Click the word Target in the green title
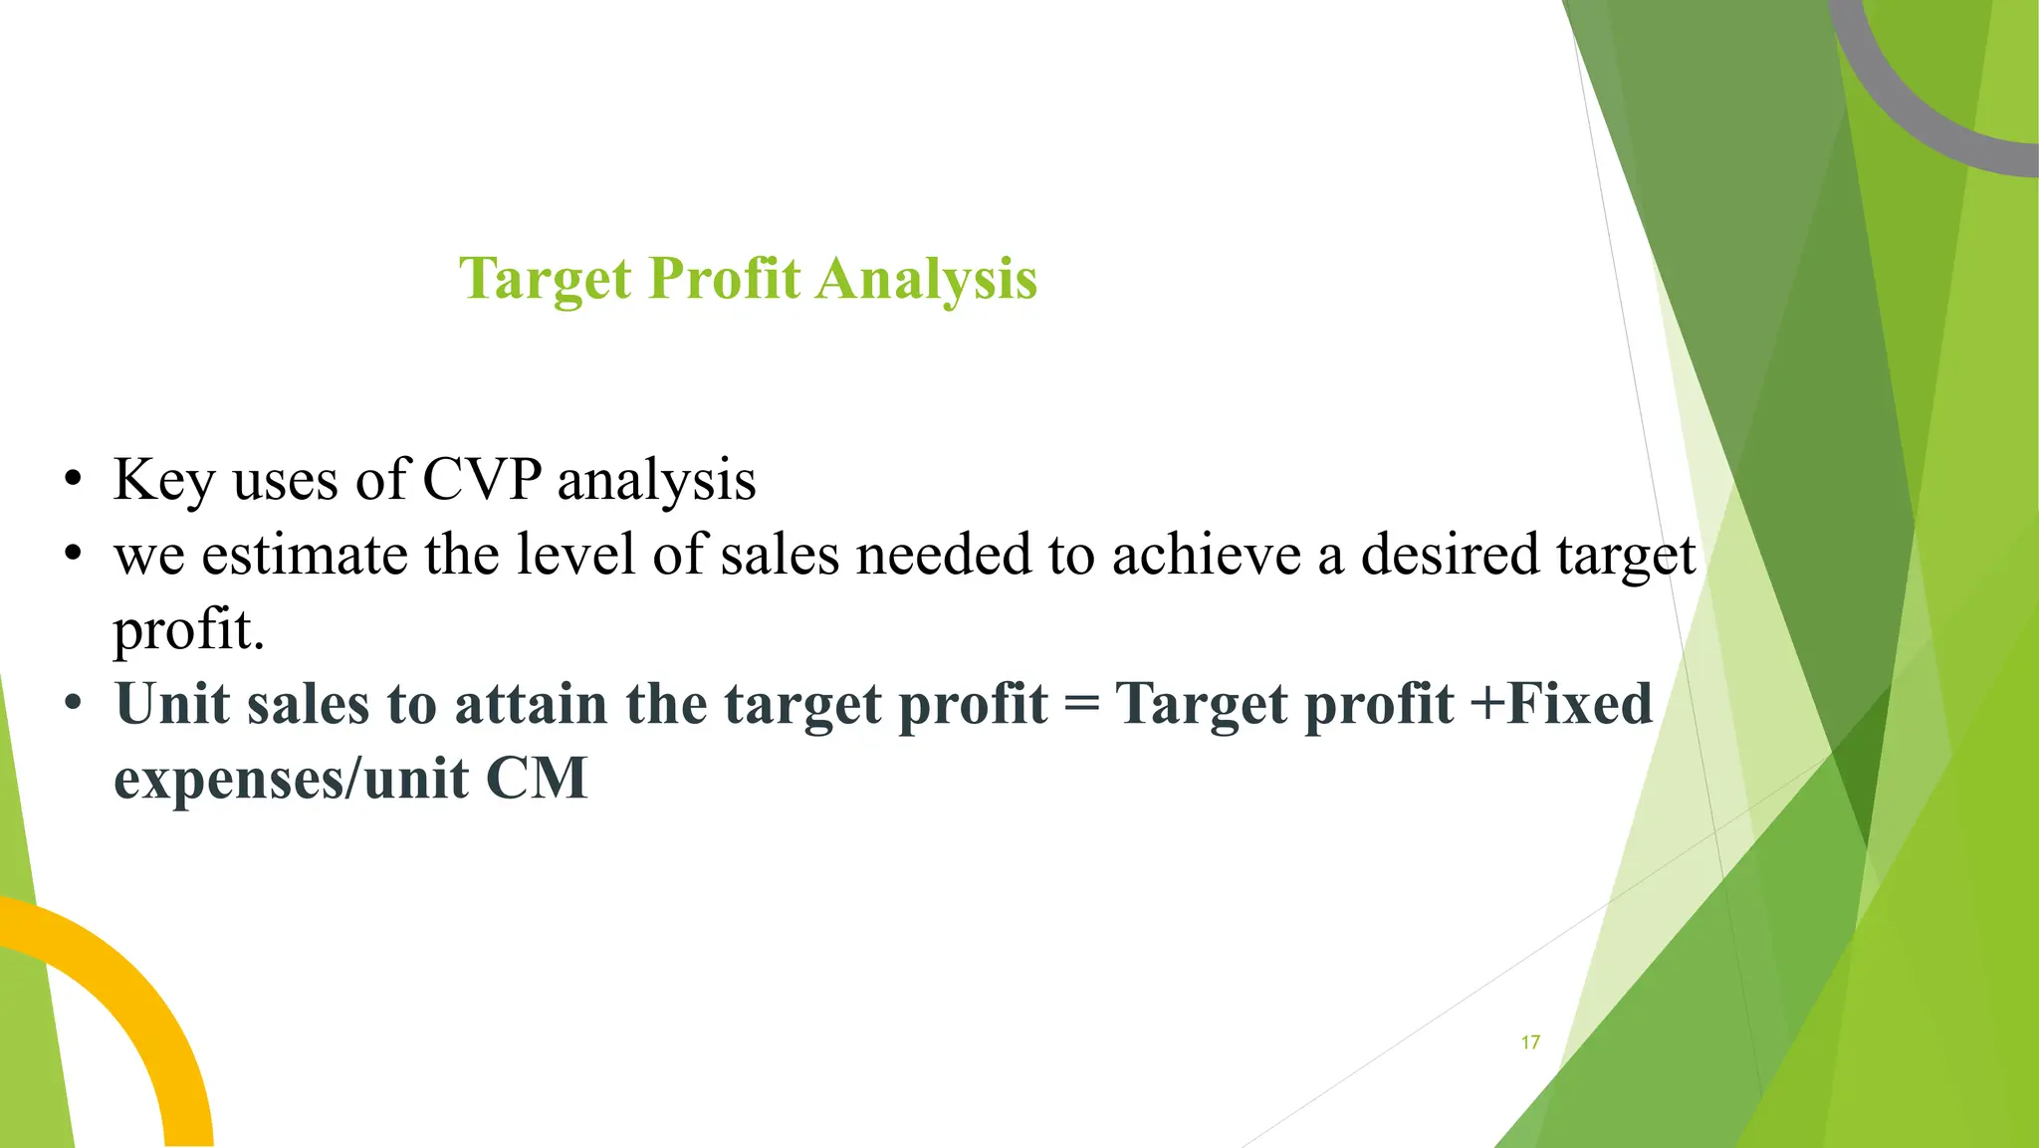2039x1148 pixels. click(x=546, y=279)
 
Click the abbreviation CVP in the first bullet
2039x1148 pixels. click(x=482, y=480)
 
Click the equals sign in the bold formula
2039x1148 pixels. click(x=1081, y=704)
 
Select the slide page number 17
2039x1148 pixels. click(x=1530, y=1042)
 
